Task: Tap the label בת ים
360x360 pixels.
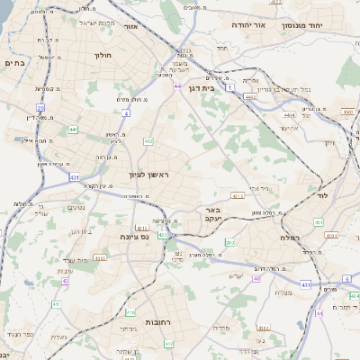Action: [14, 65]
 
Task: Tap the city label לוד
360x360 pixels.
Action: [321, 193]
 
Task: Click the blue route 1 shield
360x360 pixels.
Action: [230, 88]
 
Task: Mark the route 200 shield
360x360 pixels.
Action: [229, 243]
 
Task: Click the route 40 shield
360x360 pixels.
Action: [256, 278]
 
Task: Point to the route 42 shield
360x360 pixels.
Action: [66, 281]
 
